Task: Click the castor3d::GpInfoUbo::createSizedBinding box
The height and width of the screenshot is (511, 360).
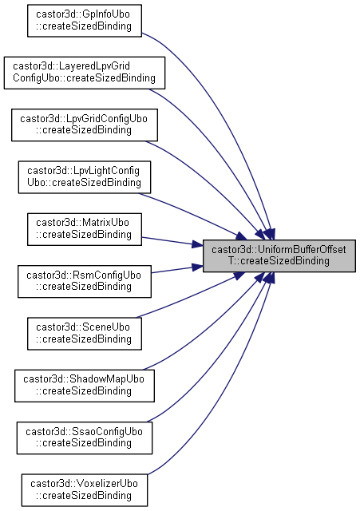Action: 85,21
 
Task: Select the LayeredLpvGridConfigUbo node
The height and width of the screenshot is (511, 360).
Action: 85,73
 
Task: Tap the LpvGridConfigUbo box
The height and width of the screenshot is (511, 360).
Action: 85,125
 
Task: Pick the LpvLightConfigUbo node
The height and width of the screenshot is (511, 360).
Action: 85,177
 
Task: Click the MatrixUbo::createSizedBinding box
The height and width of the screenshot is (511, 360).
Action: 85,229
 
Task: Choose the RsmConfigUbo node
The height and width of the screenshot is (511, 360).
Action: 85,281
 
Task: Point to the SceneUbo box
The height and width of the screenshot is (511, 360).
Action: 85,334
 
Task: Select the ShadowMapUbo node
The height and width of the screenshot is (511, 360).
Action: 85,386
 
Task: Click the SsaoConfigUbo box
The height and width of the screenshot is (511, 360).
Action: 85,438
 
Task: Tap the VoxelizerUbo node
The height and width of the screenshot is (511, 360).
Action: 85,489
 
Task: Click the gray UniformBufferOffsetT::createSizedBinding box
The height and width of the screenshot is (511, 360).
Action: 279,255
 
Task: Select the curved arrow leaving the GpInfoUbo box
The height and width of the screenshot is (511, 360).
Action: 228,108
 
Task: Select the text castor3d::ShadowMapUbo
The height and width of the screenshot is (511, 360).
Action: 84,379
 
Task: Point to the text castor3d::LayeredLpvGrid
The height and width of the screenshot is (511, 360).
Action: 71,66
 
